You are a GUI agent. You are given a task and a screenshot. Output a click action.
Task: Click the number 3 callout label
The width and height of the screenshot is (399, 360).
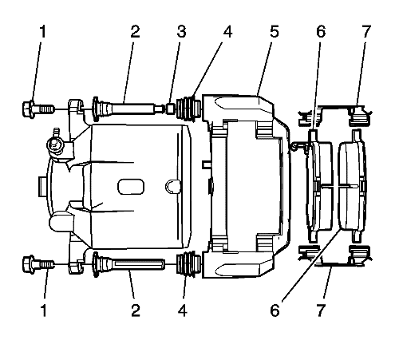(181, 31)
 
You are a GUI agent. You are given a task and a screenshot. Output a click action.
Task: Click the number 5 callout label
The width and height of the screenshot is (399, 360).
(274, 31)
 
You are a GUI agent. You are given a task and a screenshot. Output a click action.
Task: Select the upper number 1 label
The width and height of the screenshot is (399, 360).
(42, 31)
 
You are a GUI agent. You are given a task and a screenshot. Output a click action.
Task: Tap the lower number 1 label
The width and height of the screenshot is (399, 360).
(44, 310)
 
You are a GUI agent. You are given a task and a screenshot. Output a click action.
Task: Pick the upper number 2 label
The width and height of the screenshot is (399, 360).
(135, 31)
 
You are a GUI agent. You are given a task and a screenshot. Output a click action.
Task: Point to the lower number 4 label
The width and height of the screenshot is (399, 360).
(183, 310)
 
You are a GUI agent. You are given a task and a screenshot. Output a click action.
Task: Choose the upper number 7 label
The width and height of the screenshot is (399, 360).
(366, 31)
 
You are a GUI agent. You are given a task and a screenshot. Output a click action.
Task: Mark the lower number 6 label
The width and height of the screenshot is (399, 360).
(275, 310)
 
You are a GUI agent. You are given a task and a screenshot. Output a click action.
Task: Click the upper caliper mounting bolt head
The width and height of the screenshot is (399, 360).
(28, 109)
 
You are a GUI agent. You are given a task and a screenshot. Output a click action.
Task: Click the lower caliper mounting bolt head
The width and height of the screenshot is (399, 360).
(29, 263)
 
